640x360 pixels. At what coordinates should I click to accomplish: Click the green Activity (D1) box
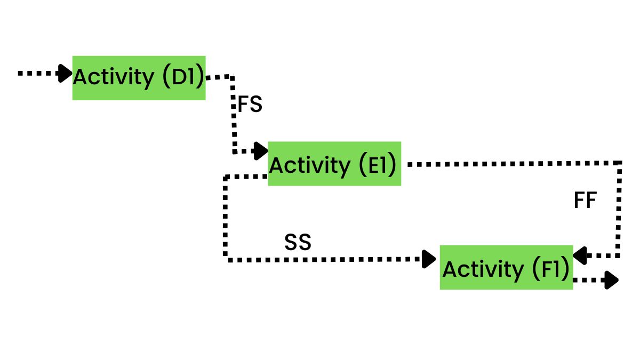[139, 78]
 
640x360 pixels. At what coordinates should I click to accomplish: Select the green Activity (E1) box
[334, 164]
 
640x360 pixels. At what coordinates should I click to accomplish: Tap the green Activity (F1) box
[506, 268]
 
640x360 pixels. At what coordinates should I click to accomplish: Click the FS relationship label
[250, 105]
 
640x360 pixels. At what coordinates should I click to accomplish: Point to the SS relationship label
[298, 243]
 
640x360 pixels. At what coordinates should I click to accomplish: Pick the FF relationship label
[585, 201]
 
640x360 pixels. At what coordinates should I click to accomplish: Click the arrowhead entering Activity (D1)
[66, 73]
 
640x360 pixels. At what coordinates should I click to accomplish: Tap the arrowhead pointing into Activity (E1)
[261, 151]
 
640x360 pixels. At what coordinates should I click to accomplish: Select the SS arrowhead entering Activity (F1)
[429, 259]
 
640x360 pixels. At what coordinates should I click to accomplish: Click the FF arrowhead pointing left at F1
[580, 255]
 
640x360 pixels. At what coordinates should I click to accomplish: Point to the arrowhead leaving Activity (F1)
[611, 279]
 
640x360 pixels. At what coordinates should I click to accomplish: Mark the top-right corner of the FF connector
[620, 163]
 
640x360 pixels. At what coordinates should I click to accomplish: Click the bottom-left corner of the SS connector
[226, 259]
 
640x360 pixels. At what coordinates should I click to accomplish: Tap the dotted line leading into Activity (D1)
[37, 73]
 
